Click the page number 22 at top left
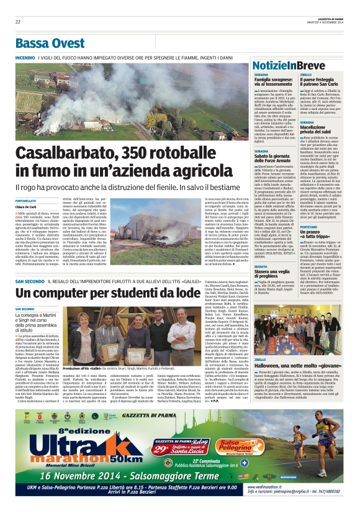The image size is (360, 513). pos(18,22)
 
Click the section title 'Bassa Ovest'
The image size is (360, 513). pos(50,43)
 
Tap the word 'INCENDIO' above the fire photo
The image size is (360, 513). pos(25,58)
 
